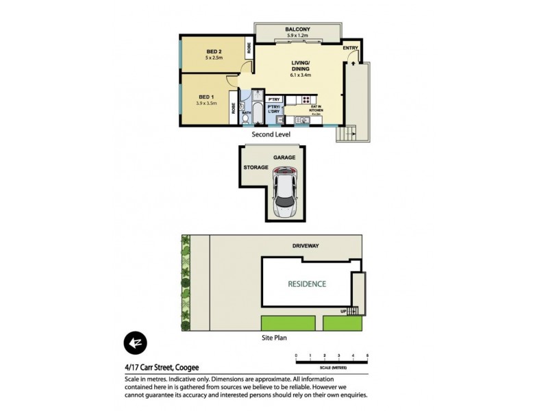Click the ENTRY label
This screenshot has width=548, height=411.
click(x=349, y=48)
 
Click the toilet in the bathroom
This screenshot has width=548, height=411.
click(x=246, y=119)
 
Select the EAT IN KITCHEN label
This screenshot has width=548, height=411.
click(x=316, y=108)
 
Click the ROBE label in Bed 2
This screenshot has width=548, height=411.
click(x=249, y=49)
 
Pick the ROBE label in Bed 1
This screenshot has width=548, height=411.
click(x=234, y=107)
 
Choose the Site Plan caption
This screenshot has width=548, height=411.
click(x=273, y=338)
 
